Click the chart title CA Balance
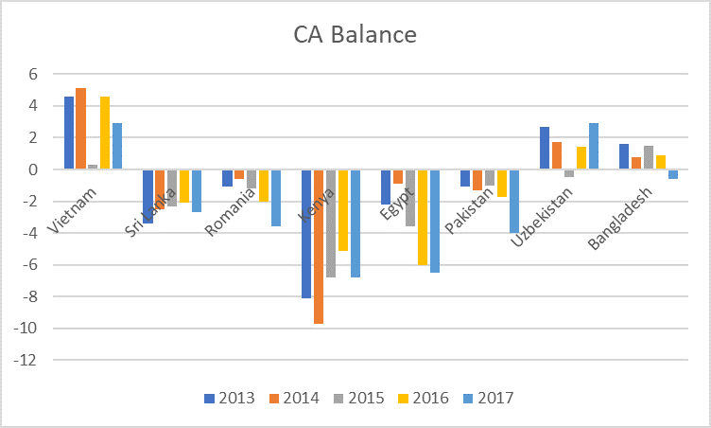[354, 36]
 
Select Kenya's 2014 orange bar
[319, 246]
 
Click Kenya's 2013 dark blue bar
[306, 234]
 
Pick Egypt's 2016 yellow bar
[423, 217]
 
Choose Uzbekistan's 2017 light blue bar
[593, 146]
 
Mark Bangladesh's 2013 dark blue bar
[624, 156]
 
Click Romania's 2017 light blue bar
[276, 198]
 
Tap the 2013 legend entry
[230, 398]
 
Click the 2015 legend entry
[357, 398]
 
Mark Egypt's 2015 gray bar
[410, 198]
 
